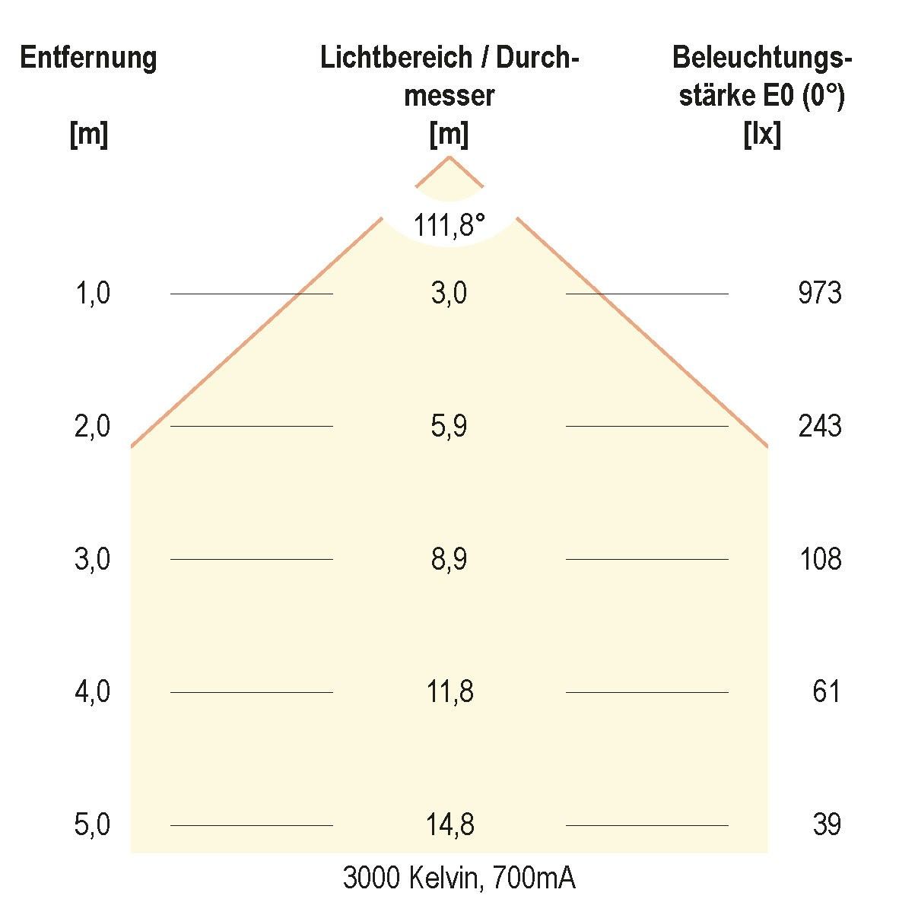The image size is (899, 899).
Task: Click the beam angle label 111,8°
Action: click(x=449, y=225)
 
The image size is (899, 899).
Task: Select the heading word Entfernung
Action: click(x=88, y=58)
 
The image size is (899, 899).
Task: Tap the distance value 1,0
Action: click(x=93, y=293)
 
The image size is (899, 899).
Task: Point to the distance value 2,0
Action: click(x=93, y=426)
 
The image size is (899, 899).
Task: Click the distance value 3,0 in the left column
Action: click(x=93, y=559)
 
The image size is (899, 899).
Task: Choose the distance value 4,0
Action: click(x=93, y=692)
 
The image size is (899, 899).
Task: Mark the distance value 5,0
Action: click(x=93, y=825)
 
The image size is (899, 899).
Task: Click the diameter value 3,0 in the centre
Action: click(x=449, y=293)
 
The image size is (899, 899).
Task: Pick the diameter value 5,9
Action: click(x=449, y=426)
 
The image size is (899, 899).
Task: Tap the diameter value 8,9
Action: click(x=449, y=559)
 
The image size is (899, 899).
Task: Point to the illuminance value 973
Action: click(x=819, y=293)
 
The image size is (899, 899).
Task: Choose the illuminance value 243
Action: click(x=819, y=426)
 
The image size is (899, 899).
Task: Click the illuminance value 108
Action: click(x=820, y=559)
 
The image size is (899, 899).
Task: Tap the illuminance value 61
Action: click(x=826, y=692)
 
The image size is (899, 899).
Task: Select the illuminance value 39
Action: click(x=826, y=825)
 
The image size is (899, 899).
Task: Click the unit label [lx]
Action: click(x=761, y=135)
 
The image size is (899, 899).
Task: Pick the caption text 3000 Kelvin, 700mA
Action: click(x=459, y=878)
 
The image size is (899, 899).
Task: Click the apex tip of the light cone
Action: click(x=449, y=157)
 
